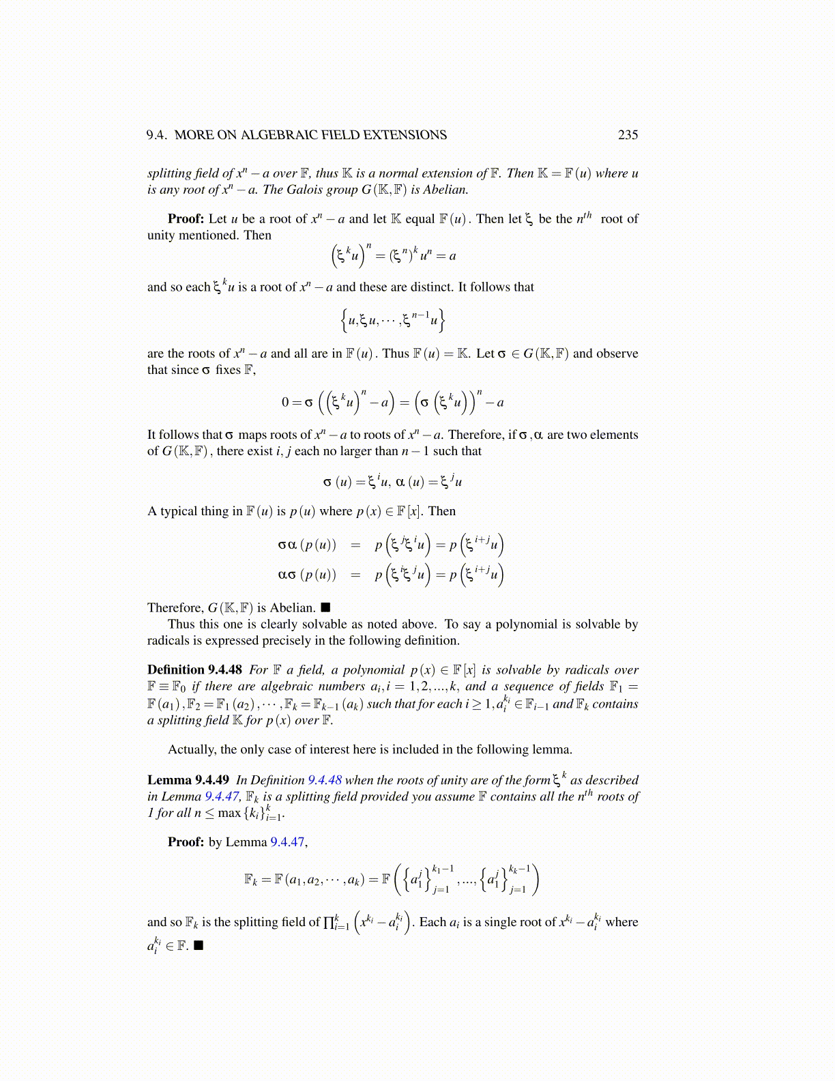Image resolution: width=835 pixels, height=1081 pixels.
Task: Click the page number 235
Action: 628,135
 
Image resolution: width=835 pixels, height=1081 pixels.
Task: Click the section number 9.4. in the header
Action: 157,135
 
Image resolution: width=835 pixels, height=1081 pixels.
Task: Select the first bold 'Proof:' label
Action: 186,219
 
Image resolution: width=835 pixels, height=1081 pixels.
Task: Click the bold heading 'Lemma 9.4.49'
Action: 188,780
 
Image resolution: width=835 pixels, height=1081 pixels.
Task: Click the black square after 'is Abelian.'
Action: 325,607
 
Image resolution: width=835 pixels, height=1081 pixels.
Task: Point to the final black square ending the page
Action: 199,945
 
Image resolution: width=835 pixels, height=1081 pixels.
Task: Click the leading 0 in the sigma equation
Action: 286,402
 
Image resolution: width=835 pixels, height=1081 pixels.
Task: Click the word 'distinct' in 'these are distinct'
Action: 433,287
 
